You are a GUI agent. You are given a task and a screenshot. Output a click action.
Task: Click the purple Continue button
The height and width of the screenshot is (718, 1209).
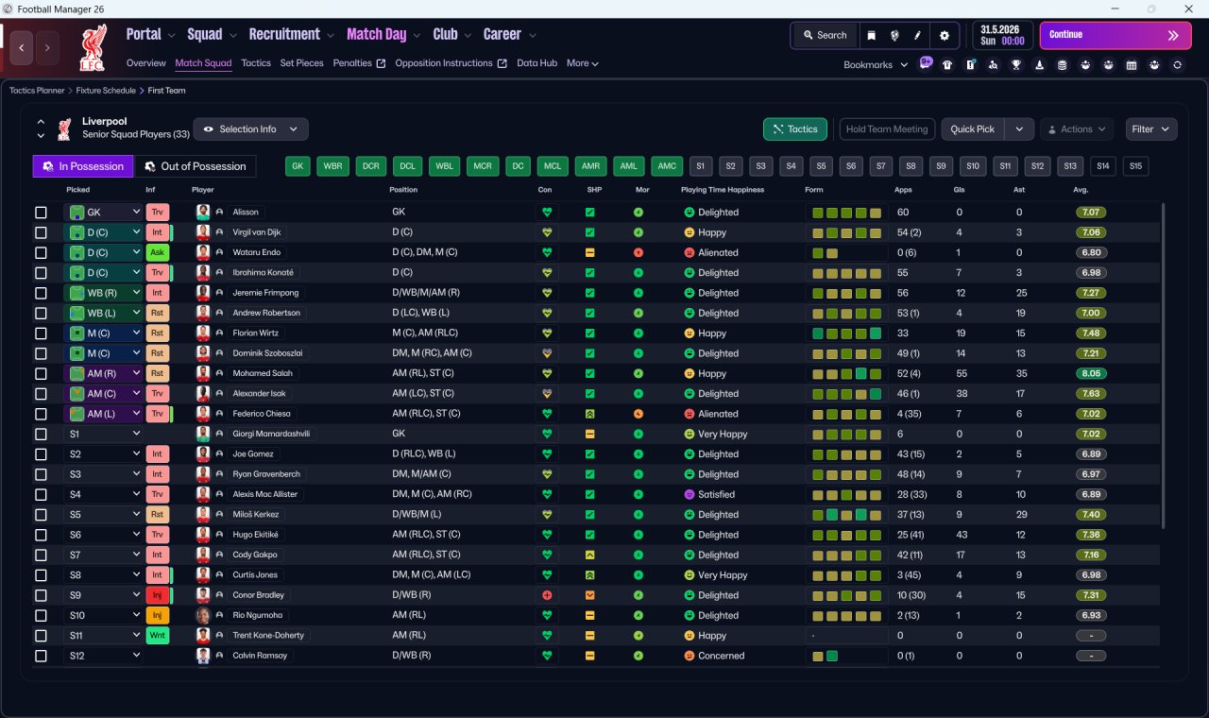pyautogui.click(x=1115, y=35)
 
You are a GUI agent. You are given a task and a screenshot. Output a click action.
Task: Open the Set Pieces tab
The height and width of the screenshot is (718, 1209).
pyautogui.click(x=301, y=63)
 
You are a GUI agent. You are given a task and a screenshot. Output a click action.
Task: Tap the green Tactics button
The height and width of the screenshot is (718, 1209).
pyautogui.click(x=794, y=129)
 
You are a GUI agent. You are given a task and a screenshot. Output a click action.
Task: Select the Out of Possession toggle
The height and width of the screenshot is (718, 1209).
pyautogui.click(x=195, y=166)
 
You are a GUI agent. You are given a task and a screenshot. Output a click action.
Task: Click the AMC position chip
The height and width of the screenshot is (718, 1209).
pyautogui.click(x=667, y=166)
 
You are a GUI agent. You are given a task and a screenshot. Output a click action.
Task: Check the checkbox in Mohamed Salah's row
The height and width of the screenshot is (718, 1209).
pyautogui.click(x=41, y=373)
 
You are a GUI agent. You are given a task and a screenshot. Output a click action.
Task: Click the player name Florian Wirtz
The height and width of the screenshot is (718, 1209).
pyautogui.click(x=255, y=333)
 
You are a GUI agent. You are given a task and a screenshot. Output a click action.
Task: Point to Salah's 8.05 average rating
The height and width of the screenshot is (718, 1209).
pyautogui.click(x=1091, y=373)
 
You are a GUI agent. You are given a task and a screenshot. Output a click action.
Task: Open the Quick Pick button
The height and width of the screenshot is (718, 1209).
pyautogui.click(x=972, y=129)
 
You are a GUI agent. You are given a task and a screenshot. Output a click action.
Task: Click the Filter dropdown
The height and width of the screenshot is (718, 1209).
pyautogui.click(x=1150, y=129)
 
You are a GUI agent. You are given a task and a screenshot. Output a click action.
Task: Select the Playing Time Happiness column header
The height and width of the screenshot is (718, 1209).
pyautogui.click(x=723, y=190)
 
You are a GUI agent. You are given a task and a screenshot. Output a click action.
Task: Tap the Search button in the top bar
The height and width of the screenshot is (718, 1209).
pyautogui.click(x=825, y=35)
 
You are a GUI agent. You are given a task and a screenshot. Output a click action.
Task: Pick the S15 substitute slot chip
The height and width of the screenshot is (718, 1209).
pyautogui.click(x=1135, y=166)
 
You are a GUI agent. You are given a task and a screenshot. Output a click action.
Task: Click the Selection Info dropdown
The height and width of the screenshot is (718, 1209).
pyautogui.click(x=250, y=129)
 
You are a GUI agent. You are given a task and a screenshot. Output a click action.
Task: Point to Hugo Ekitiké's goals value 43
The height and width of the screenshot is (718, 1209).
pyautogui.click(x=961, y=535)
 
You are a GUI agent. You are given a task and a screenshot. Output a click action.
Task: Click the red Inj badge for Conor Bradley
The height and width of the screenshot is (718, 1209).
pyautogui.click(x=157, y=595)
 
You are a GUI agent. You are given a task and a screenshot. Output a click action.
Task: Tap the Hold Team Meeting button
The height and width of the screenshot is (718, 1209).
pyautogui.click(x=886, y=129)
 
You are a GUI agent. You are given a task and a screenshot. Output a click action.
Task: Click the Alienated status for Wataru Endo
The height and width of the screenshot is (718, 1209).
pyautogui.click(x=717, y=252)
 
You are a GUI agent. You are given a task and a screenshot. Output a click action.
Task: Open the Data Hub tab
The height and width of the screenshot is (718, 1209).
pyautogui.click(x=536, y=63)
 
